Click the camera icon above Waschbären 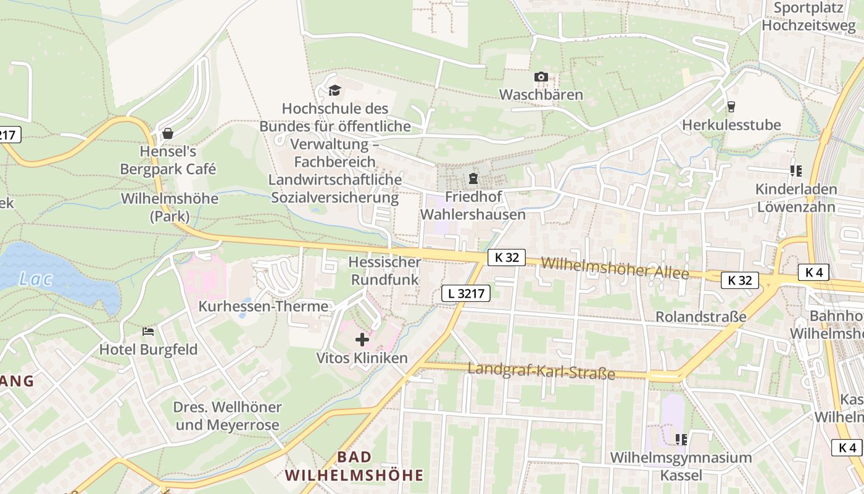point(541,77)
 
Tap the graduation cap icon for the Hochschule point(334,90)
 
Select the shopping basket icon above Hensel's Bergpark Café point(167,133)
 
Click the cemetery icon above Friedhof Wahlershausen point(473,179)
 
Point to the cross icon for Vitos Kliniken point(362,339)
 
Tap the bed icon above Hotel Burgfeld point(148,332)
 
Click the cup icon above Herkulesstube point(731,107)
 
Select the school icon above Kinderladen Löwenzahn point(796,170)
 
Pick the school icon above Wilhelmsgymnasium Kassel point(681,440)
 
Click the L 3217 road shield point(466,294)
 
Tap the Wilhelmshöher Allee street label point(615,268)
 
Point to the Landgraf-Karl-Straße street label point(541,371)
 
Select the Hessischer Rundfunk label point(384,270)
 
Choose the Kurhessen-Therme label point(263,306)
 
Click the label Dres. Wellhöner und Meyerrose point(227,416)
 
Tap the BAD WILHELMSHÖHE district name point(354,466)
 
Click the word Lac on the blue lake point(36,279)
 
